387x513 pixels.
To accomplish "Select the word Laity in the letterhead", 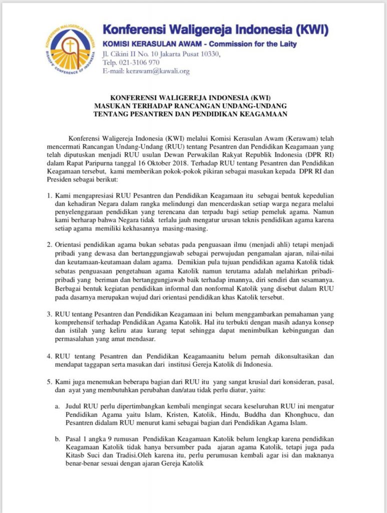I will click(x=284, y=44).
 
